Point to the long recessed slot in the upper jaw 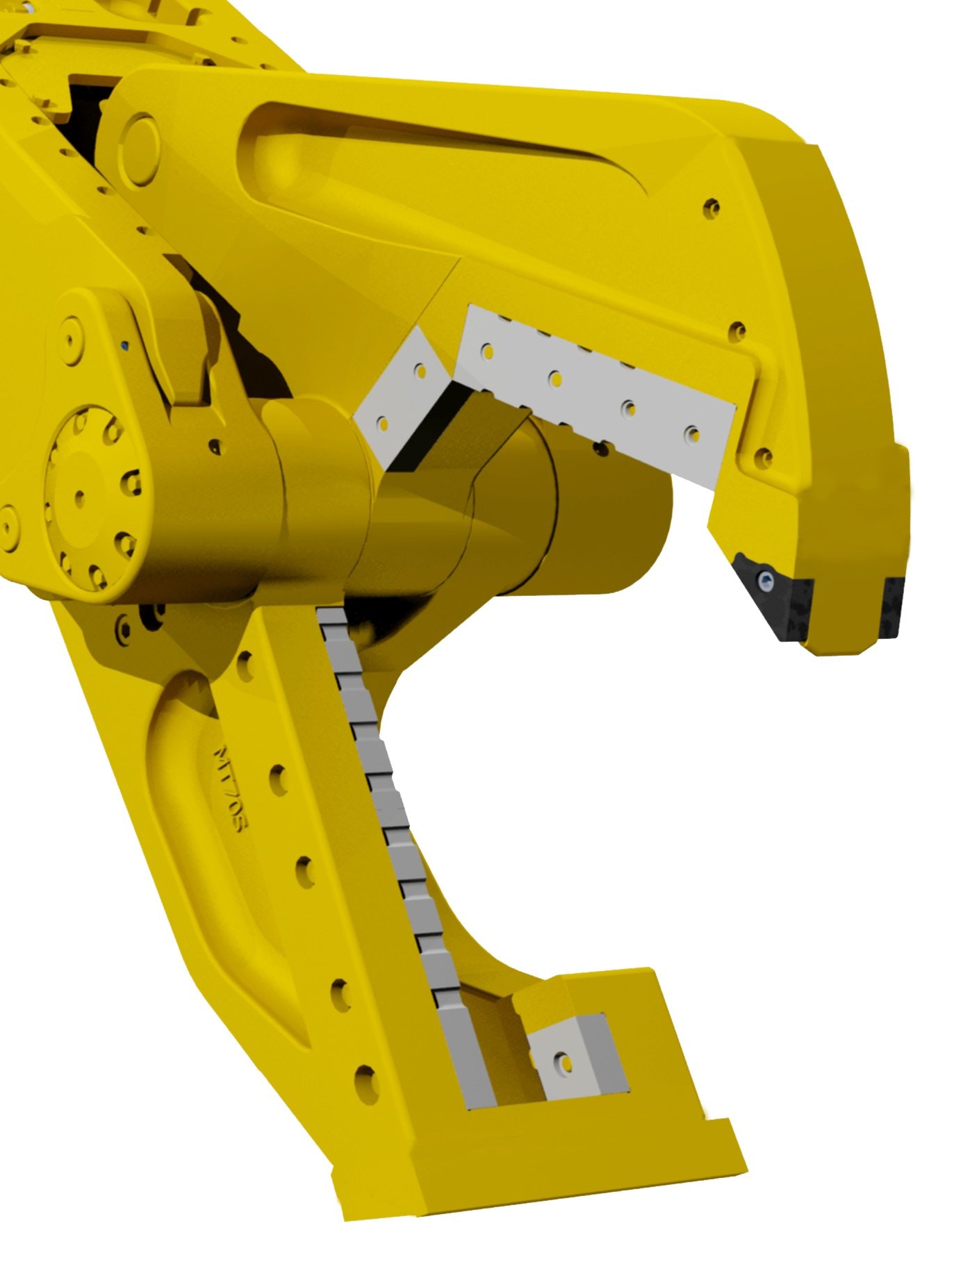coord(445,149)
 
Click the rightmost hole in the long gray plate coord(691,435)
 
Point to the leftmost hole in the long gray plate coord(487,351)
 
